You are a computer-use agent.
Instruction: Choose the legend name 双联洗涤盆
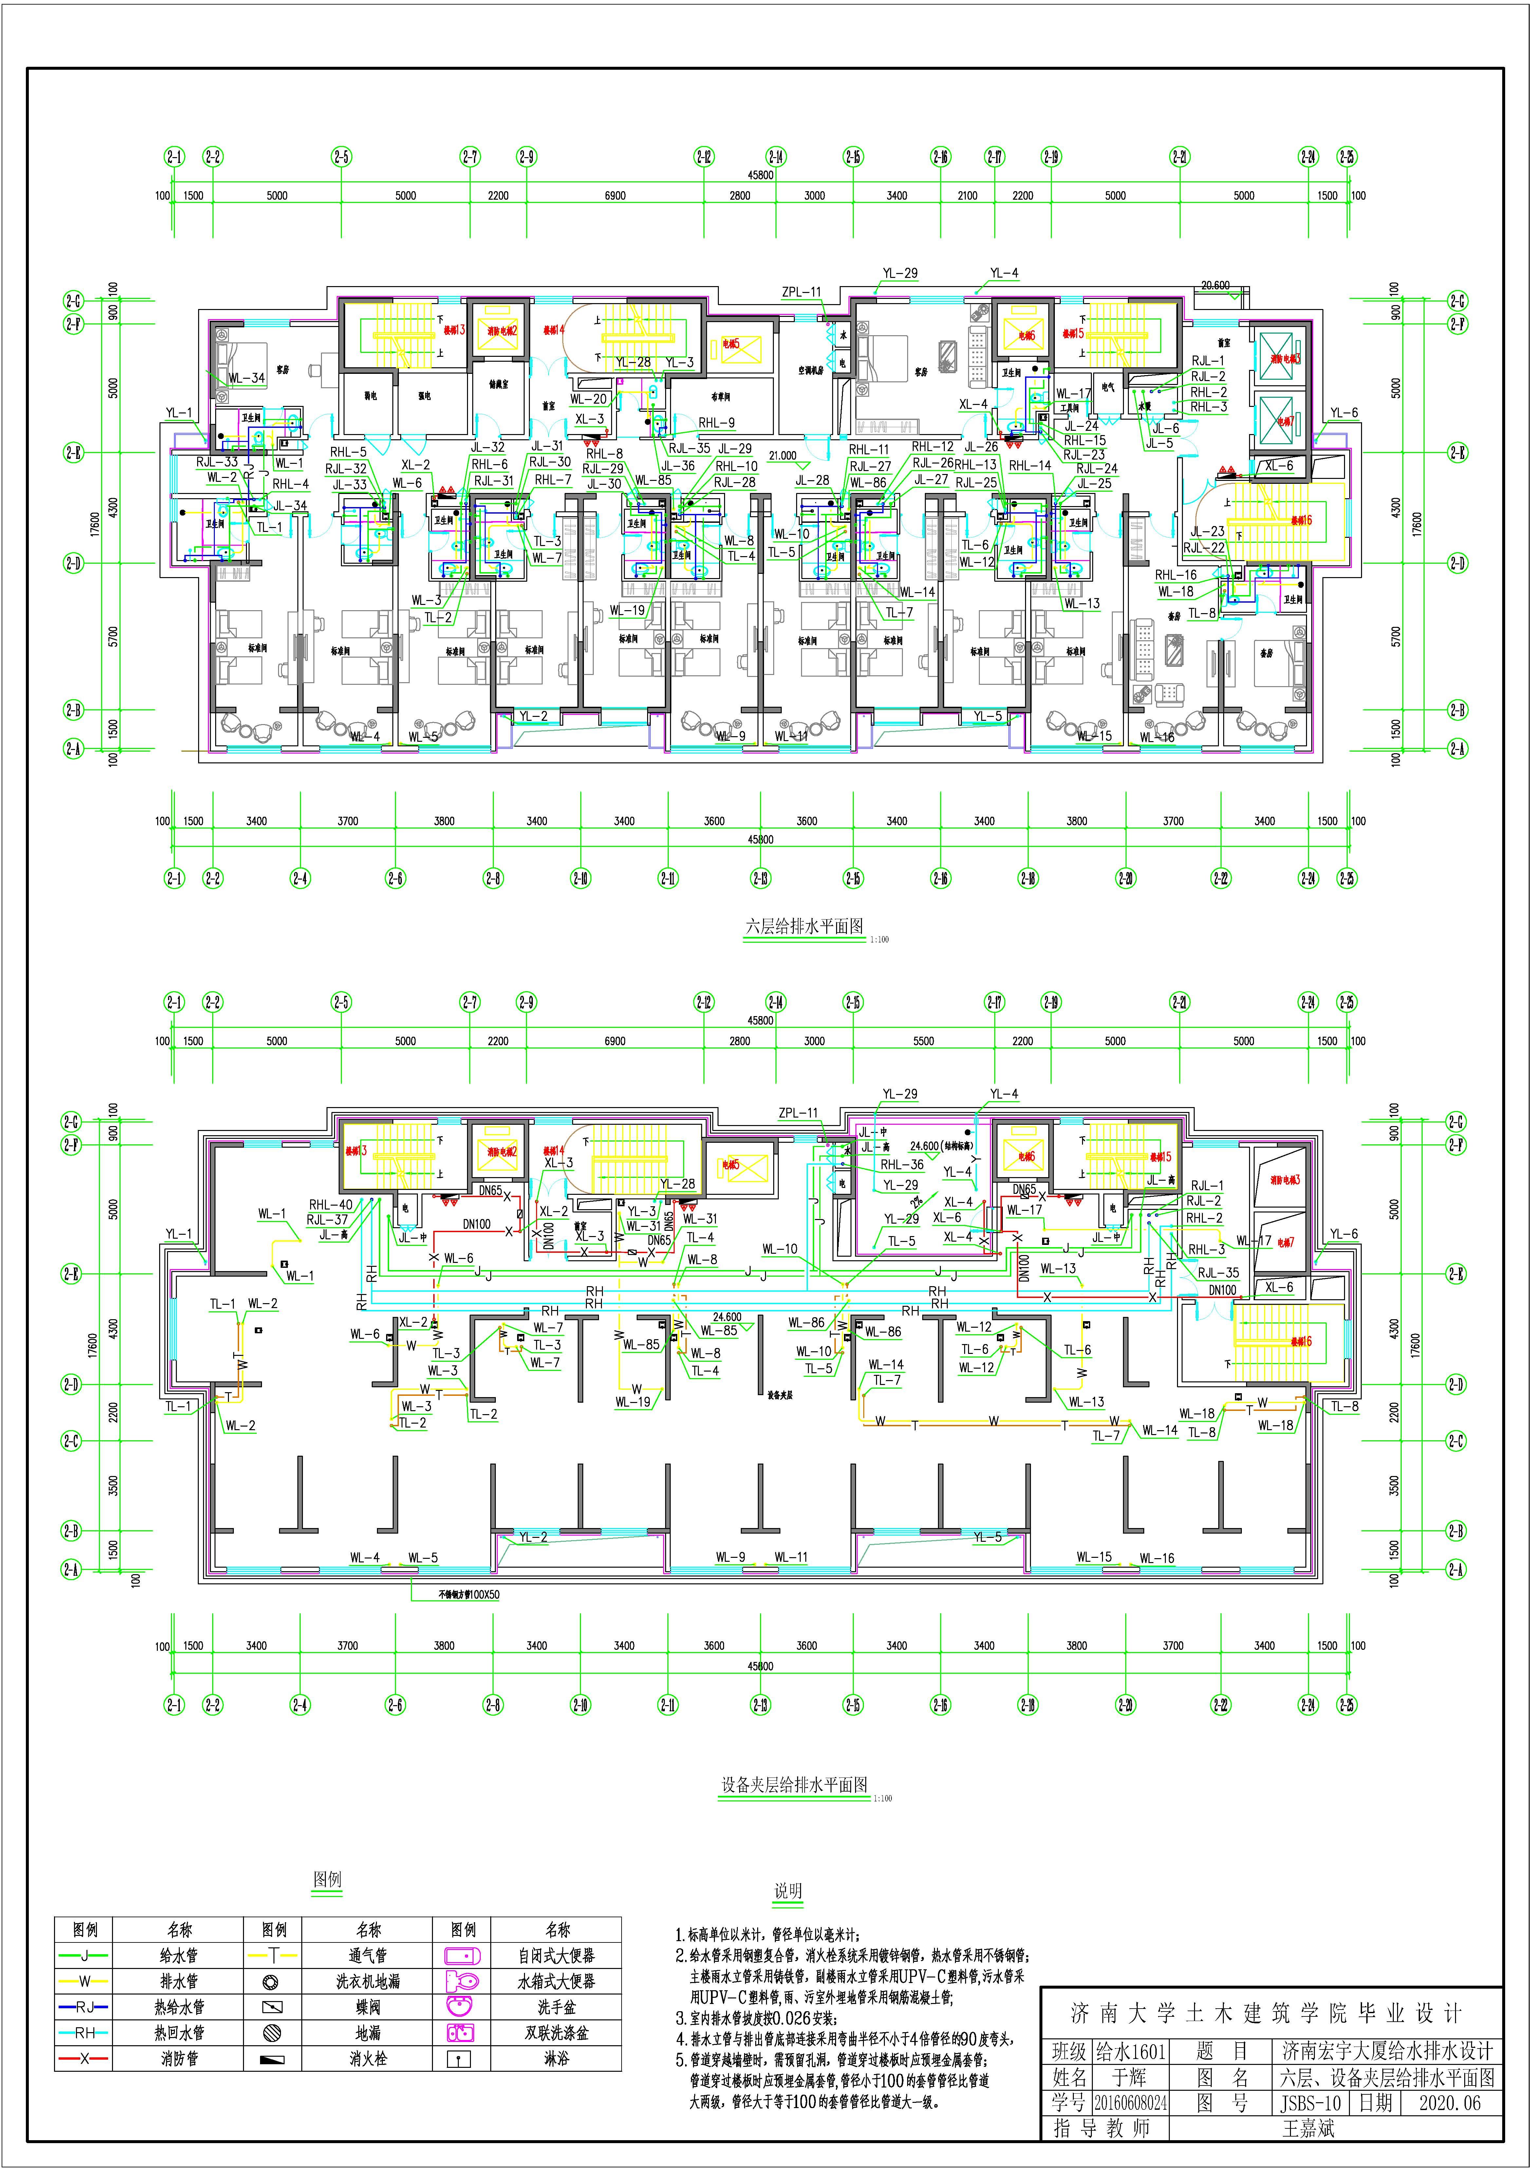tap(556, 2033)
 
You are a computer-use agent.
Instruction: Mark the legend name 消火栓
tap(368, 2058)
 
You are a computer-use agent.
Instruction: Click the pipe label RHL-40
tap(330, 1205)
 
